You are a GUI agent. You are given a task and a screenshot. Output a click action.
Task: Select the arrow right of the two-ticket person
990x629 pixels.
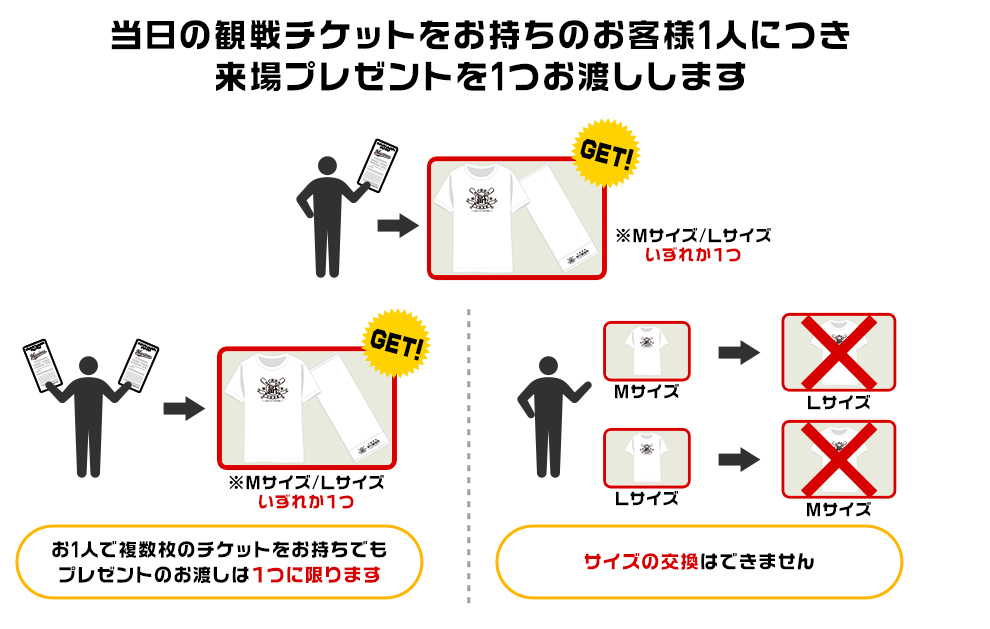click(184, 407)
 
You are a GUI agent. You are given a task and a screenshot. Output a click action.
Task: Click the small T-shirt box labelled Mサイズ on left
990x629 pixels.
click(646, 351)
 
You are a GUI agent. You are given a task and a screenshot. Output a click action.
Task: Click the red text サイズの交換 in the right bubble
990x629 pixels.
click(642, 561)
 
